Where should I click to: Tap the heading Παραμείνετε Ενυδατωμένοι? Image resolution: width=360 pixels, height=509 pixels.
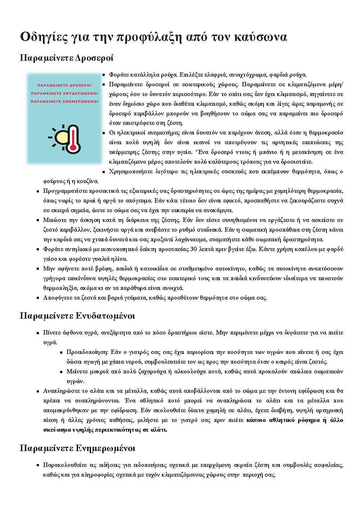(77, 316)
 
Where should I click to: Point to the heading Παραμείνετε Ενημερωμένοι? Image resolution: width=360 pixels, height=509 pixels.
(77, 448)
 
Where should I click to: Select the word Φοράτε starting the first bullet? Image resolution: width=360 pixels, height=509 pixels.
(117, 75)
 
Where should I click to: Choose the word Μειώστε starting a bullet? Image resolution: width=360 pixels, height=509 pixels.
(53, 220)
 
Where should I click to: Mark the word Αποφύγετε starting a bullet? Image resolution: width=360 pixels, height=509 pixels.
(56, 297)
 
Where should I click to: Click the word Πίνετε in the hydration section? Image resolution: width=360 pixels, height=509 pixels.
(51, 332)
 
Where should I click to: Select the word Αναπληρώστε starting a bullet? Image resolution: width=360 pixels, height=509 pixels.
(59, 391)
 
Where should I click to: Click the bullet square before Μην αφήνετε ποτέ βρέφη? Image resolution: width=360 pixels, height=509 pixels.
(38, 269)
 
